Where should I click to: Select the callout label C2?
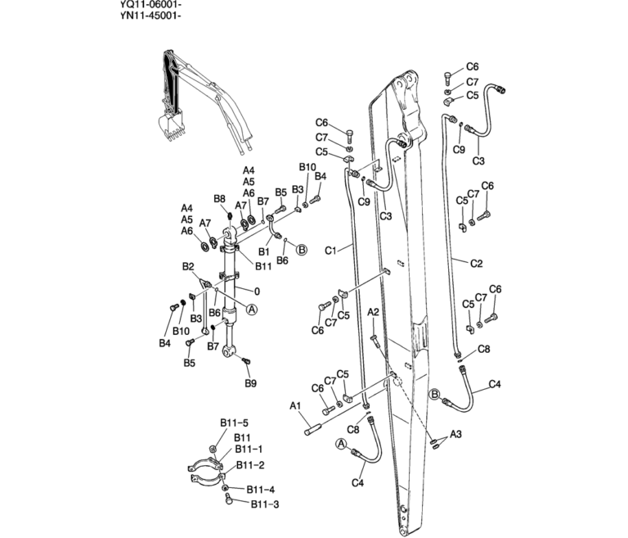tap(477, 263)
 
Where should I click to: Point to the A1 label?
tap(296, 405)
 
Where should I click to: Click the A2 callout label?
tap(373, 313)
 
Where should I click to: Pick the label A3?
tap(456, 433)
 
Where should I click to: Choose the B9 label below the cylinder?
tap(251, 382)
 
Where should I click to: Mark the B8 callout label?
tap(219, 199)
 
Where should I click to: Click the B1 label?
tap(263, 252)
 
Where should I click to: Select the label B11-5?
tap(228, 423)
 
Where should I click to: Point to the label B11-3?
tap(265, 504)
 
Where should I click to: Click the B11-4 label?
tap(260, 490)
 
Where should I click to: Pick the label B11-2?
tap(250, 465)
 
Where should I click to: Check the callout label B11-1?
tap(249, 449)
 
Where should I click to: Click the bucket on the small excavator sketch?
tap(171, 124)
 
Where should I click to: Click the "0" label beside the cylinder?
tap(256, 291)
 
